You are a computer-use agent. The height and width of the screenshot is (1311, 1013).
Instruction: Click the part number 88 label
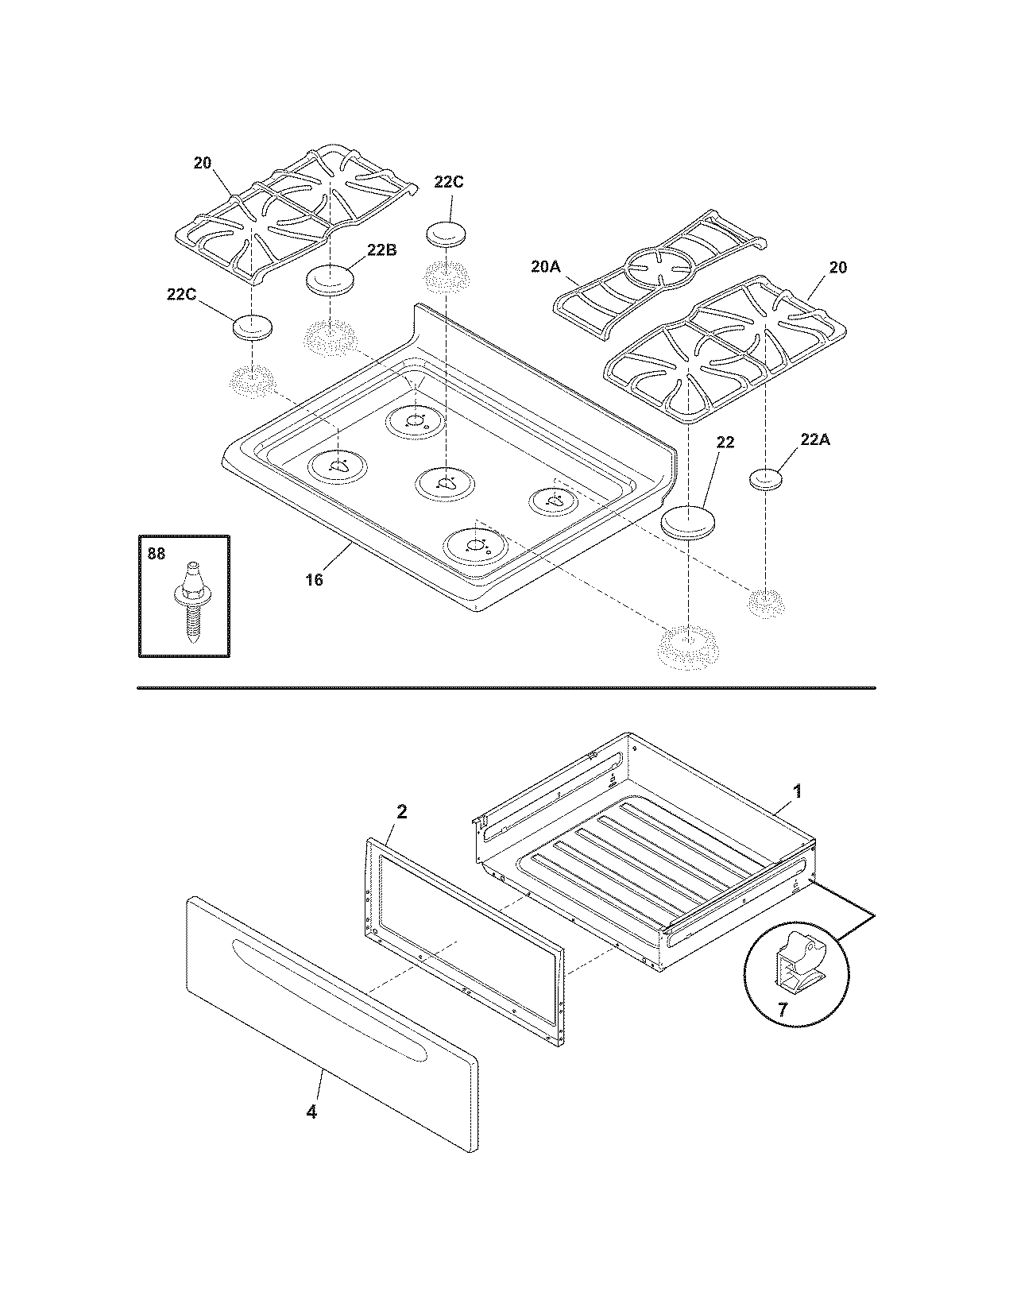[x=157, y=553]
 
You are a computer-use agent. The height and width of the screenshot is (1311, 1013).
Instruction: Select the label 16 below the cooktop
[x=315, y=579]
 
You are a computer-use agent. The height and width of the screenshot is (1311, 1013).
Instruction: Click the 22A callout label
[x=814, y=439]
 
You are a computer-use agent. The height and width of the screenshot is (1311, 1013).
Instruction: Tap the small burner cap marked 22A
[x=766, y=479]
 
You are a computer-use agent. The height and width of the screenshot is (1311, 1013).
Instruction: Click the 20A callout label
[x=546, y=268]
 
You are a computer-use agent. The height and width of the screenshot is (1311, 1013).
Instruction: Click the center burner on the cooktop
[x=445, y=483]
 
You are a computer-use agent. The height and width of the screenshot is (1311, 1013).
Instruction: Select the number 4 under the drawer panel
[x=311, y=1112]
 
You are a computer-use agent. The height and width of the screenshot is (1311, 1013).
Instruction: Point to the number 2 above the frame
[x=402, y=811]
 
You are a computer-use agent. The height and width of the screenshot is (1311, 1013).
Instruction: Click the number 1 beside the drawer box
[x=797, y=791]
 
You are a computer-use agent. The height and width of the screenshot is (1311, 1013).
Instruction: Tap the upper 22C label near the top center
[x=448, y=181]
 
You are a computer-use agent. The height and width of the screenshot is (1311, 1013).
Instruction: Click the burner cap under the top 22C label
[x=448, y=234]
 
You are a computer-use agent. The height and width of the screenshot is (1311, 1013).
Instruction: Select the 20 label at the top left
[x=203, y=163]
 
